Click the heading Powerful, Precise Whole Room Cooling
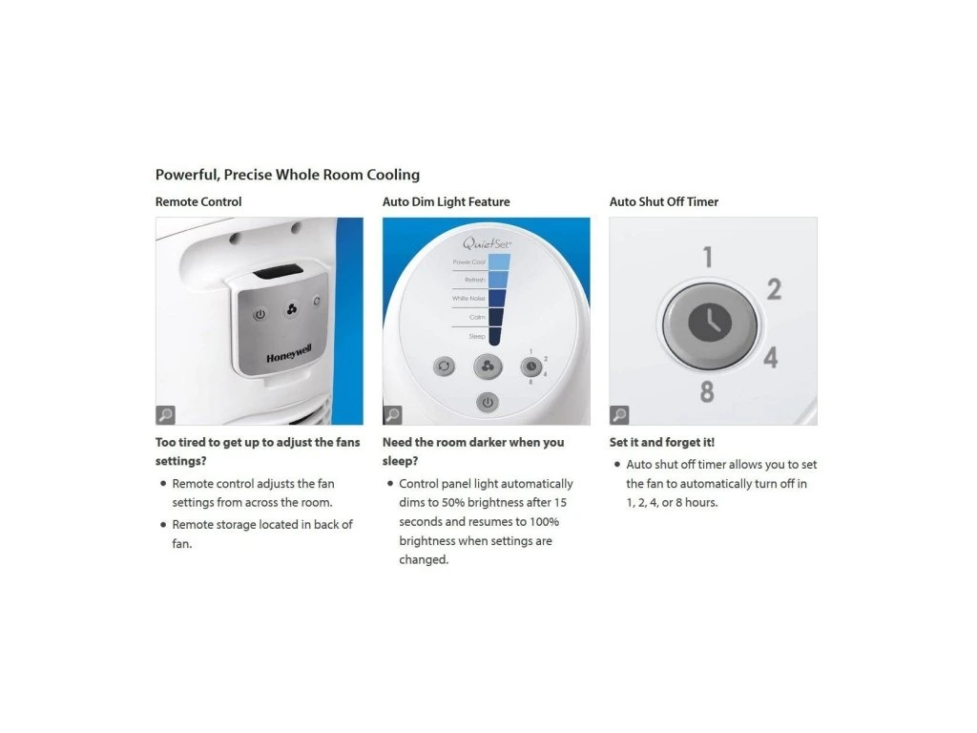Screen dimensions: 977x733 coord(287,175)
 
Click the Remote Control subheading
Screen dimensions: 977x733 coord(198,202)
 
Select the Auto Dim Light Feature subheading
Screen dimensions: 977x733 coord(447,202)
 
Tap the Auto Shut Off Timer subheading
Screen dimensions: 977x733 coord(664,202)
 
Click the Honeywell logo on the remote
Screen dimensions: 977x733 coord(289,353)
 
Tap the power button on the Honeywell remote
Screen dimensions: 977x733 coord(260,314)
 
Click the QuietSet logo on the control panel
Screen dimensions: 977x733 coord(487,243)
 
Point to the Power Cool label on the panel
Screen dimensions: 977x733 coord(468,262)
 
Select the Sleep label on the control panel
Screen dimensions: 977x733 coord(477,337)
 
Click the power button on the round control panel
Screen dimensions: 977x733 coord(488,403)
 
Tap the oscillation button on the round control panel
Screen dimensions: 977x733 coord(444,366)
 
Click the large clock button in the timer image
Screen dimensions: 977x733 coord(710,325)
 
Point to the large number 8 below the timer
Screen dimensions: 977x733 coord(707,391)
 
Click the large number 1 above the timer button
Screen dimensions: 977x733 coord(708,257)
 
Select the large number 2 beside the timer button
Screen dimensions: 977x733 coord(774,289)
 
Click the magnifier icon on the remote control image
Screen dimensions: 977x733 coord(166,414)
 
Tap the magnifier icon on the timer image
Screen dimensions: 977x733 coord(619,414)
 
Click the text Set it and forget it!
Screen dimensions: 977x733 coord(662,443)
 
